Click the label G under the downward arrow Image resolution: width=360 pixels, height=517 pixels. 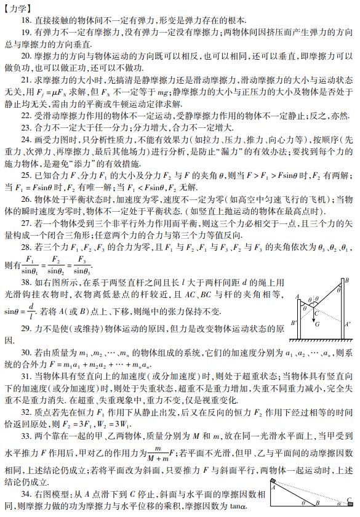point(318,324)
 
